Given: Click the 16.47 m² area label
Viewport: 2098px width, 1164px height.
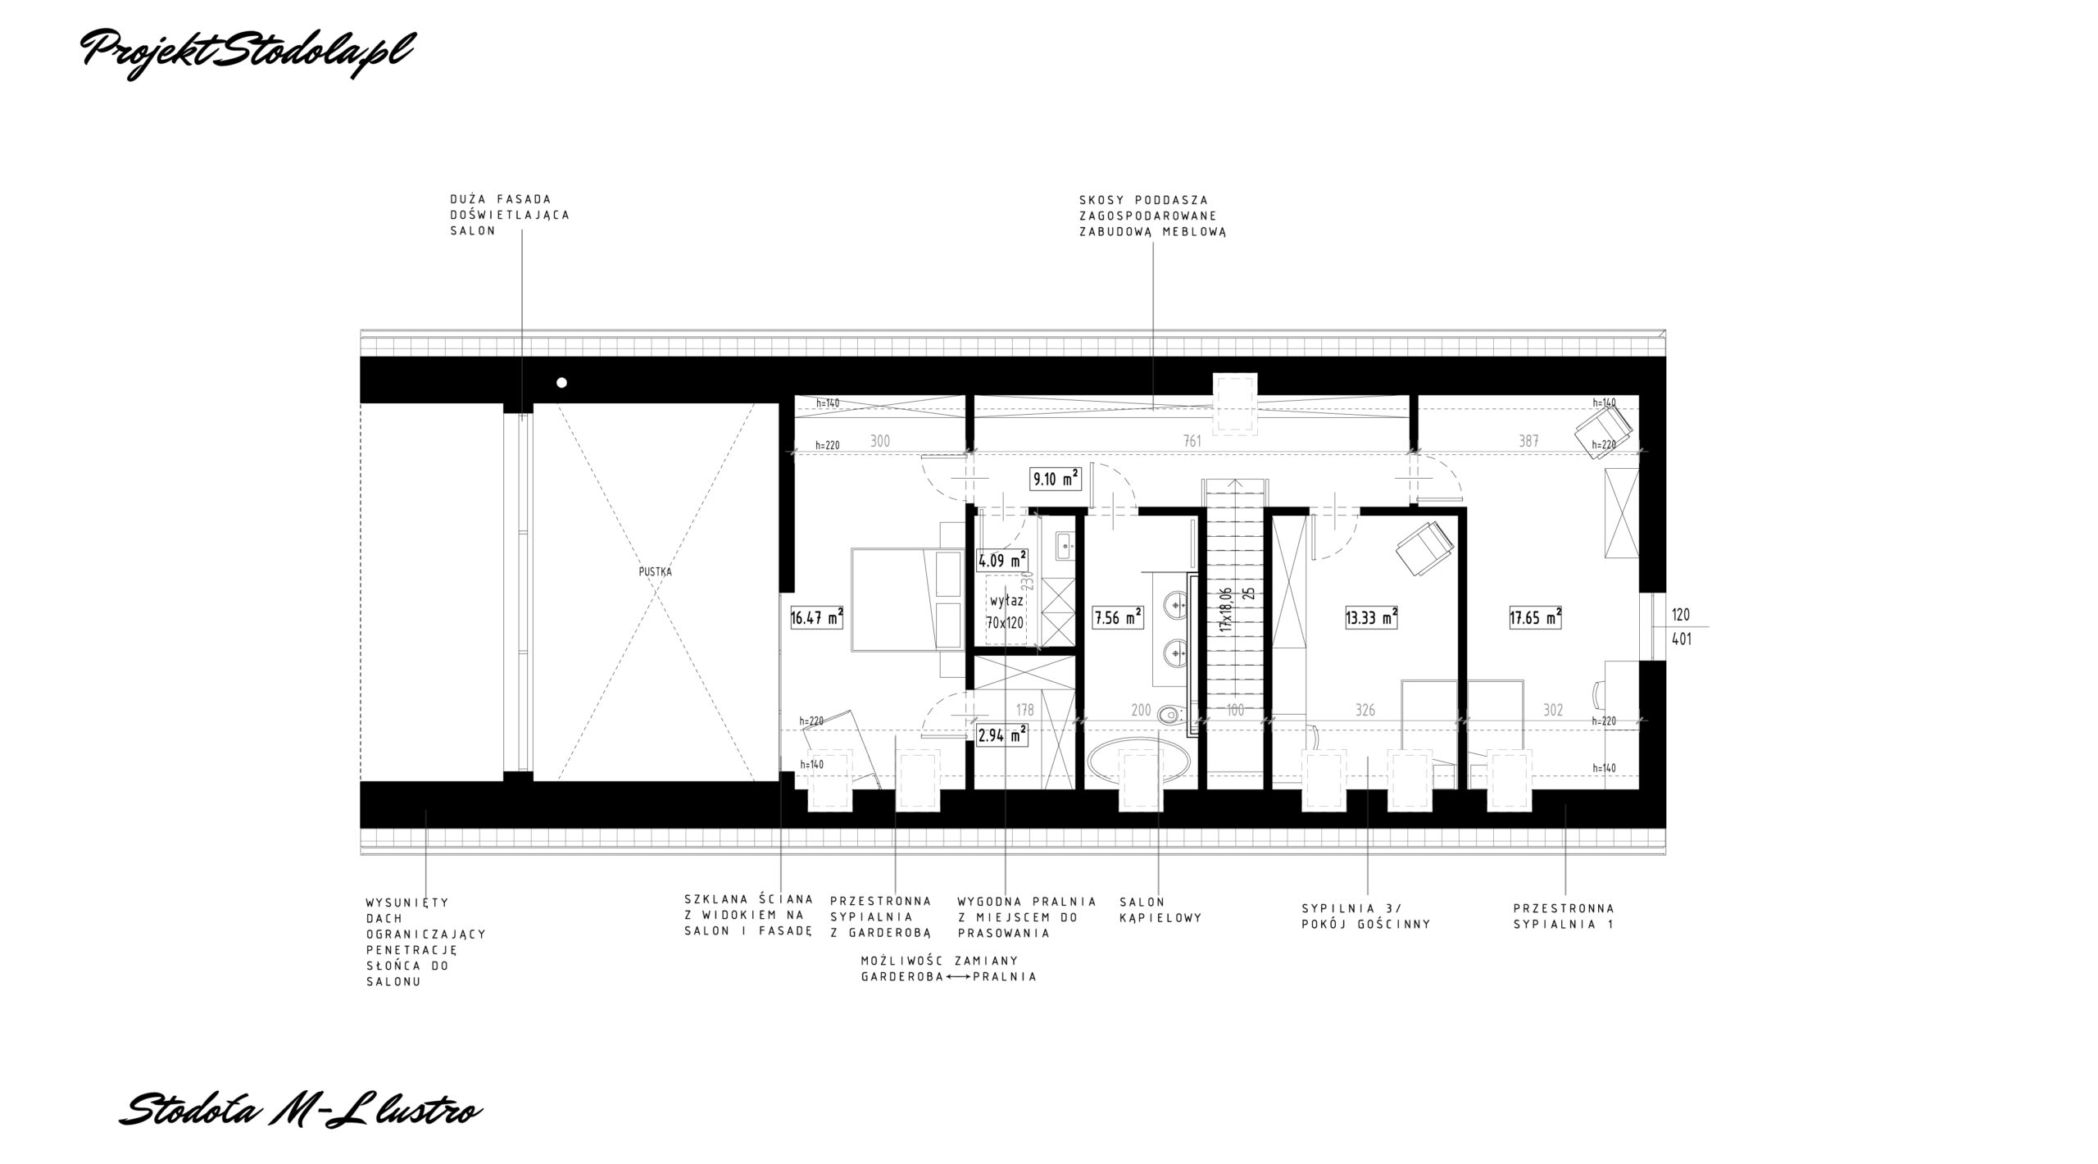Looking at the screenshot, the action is (x=817, y=617).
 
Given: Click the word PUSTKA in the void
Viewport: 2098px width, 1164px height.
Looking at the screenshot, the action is (x=655, y=572).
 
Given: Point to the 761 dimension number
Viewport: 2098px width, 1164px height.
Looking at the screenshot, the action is (x=1192, y=441).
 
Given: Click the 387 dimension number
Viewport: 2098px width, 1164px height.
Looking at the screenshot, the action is (x=1528, y=441).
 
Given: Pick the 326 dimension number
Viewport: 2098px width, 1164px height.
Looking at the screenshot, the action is (x=1365, y=710).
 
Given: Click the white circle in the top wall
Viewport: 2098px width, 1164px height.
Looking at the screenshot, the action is (x=561, y=382).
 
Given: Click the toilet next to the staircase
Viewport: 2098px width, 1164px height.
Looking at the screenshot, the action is (x=1173, y=716).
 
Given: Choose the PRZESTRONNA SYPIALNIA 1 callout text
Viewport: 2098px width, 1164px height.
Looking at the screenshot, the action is (x=1564, y=916).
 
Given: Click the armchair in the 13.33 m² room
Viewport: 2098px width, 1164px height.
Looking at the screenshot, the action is (x=1425, y=548).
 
